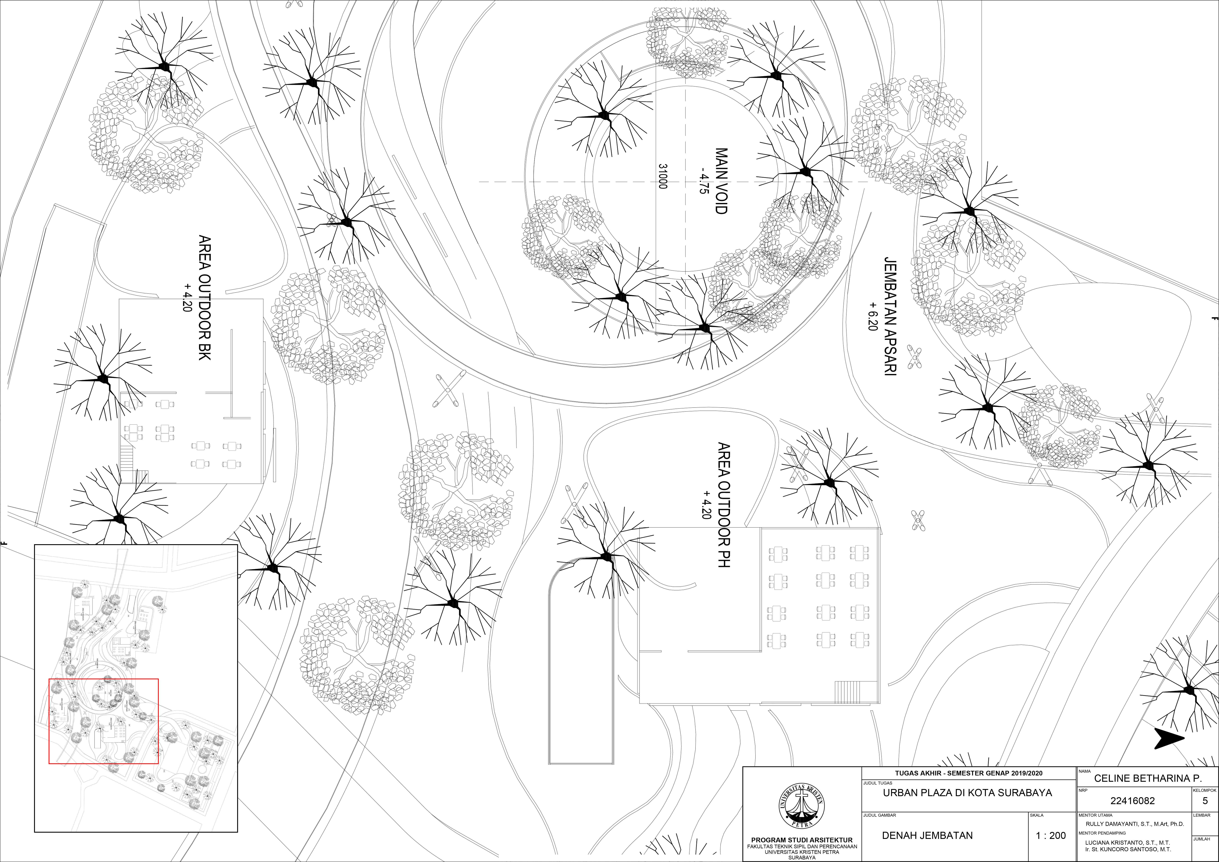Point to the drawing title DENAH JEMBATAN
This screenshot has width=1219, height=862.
pyautogui.click(x=927, y=835)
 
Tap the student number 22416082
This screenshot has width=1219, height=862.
pyautogui.click(x=1132, y=801)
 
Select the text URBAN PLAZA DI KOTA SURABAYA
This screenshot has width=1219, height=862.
pyautogui.click(x=967, y=793)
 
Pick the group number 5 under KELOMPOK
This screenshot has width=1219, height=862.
pyautogui.click(x=1205, y=801)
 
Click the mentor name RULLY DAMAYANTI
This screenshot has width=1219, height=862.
pyautogui.click(x=1135, y=824)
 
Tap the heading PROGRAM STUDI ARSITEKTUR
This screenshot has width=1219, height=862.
pyautogui.click(x=802, y=840)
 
